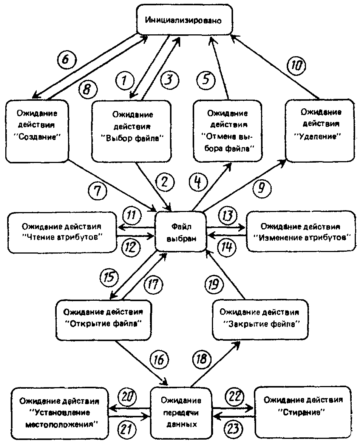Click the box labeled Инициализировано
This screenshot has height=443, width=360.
[184, 20]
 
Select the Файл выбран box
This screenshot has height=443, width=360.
[181, 232]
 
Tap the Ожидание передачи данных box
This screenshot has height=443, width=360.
[181, 412]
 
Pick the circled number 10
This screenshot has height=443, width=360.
[297, 66]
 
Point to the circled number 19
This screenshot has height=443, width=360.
[214, 284]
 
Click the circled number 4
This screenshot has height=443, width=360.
[198, 182]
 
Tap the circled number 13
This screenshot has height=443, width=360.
[228, 216]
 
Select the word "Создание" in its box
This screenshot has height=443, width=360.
[38, 137]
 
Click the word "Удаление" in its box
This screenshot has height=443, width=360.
[320, 137]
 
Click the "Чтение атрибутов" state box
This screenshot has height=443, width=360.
[62, 232]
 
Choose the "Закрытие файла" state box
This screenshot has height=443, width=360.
[260, 320]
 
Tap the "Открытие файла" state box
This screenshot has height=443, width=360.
[104, 320]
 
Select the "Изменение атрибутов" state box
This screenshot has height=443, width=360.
[301, 231]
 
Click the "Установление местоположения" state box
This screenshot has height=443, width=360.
[60, 413]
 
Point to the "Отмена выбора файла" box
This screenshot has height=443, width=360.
[227, 131]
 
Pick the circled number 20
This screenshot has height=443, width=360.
[127, 397]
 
